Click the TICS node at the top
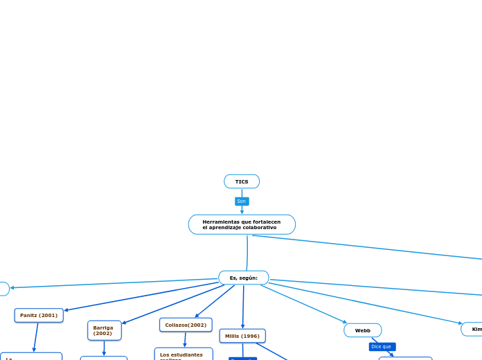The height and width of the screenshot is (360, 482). click(242, 181)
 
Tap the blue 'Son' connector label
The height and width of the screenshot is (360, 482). click(242, 201)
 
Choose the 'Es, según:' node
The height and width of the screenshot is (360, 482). click(244, 278)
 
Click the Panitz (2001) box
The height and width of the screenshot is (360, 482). click(39, 315)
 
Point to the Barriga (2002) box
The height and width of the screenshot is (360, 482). click(104, 330)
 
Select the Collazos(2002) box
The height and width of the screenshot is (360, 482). click(186, 325)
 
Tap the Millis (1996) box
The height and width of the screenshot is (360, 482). click(242, 336)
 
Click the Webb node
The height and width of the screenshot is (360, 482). click(363, 330)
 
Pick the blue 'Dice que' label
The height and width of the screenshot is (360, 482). click(382, 346)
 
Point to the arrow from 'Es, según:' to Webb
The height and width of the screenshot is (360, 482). click(305, 304)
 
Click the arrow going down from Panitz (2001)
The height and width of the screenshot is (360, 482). click(36, 337)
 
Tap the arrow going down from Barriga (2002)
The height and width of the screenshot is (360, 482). click(104, 348)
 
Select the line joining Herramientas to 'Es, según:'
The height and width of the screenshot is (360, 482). click(247, 253)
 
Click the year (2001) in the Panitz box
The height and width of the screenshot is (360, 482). click(48, 315)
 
